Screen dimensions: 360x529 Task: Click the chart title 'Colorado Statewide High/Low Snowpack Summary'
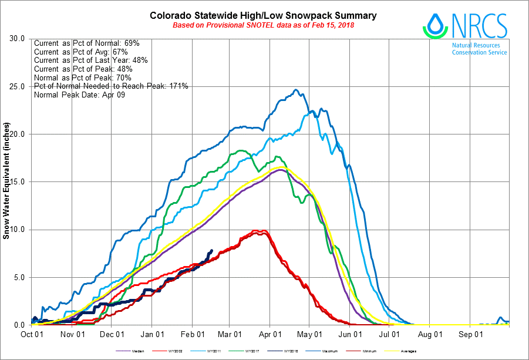pyautogui.click(x=264, y=15)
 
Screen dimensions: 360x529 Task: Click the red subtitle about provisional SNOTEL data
pyautogui.click(x=263, y=25)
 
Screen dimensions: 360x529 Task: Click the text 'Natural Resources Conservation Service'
pyautogui.click(x=479, y=49)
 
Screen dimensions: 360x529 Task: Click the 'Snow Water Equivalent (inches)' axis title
pyautogui.click(x=6, y=181)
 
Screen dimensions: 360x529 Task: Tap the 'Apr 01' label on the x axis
pyautogui.click(x=269, y=335)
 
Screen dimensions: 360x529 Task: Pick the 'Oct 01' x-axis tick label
pyautogui.click(x=31, y=335)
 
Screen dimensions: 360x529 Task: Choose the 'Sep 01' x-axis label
pyautogui.click(x=470, y=335)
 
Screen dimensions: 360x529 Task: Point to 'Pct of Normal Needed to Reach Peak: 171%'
pyautogui.click(x=111, y=86)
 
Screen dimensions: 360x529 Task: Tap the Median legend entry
pyautogui.click(x=137, y=351)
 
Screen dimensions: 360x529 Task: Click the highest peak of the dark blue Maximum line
pyautogui.click(x=296, y=90)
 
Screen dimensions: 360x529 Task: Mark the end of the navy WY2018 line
pyautogui.click(x=211, y=250)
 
